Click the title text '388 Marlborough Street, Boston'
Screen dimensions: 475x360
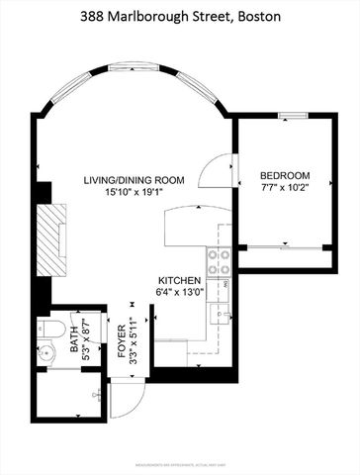[180, 18]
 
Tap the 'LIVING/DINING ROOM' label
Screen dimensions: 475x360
[135, 180]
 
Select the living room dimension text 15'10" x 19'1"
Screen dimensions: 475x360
[135, 194]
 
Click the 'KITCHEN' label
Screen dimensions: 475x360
[179, 281]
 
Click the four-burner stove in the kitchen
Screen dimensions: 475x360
[218, 261]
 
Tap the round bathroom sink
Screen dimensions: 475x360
[49, 352]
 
